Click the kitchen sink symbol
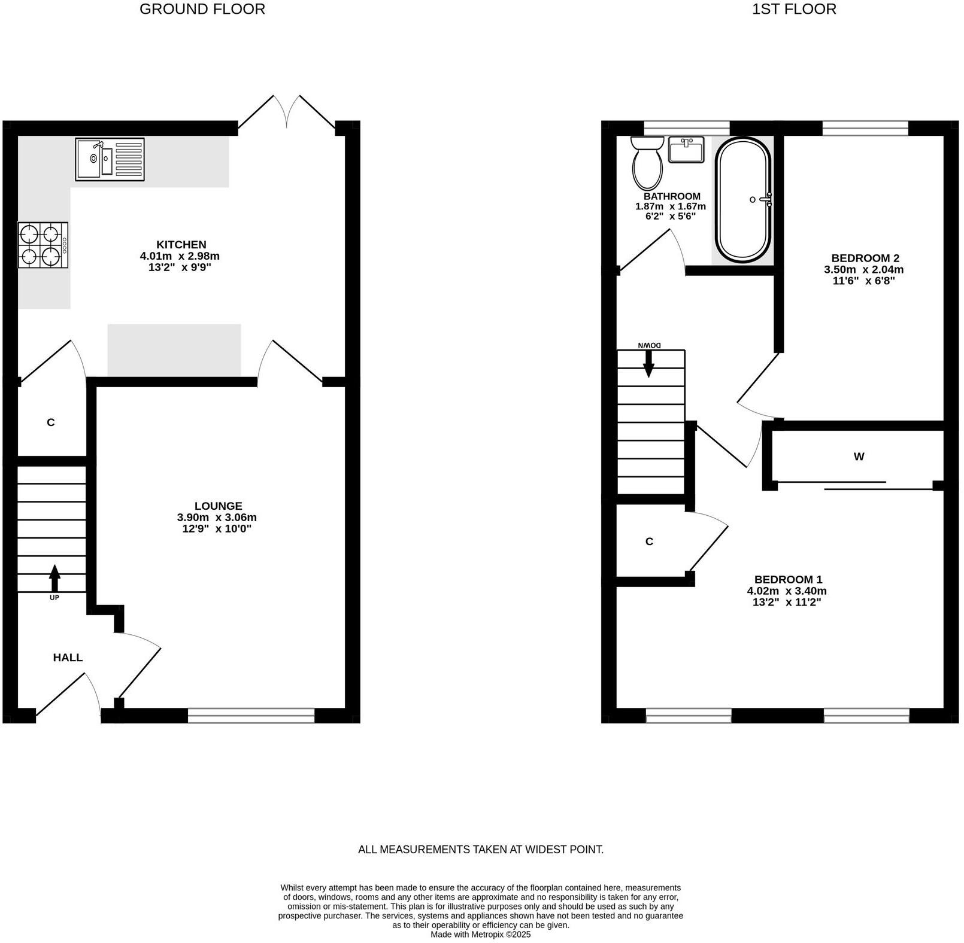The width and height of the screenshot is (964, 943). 110,159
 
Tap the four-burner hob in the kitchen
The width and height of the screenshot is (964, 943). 43,245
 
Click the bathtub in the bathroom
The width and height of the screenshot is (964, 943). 743,200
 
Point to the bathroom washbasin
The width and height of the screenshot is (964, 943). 686,150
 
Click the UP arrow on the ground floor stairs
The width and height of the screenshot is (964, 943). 54,577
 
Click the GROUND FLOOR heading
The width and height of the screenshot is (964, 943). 202,9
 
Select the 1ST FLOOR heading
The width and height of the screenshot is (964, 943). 794,9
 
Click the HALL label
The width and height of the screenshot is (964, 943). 68,658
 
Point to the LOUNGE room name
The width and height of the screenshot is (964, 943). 218,506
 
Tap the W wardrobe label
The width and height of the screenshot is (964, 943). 859,457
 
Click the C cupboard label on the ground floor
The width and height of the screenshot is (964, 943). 51,422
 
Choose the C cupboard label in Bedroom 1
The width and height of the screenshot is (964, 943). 649,542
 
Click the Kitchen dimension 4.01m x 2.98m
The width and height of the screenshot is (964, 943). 180,256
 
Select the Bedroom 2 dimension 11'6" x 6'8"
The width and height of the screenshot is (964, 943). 863,281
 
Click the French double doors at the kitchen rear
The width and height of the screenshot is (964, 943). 287,112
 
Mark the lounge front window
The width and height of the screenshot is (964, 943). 251,715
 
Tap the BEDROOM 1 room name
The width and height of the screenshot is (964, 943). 788,580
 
